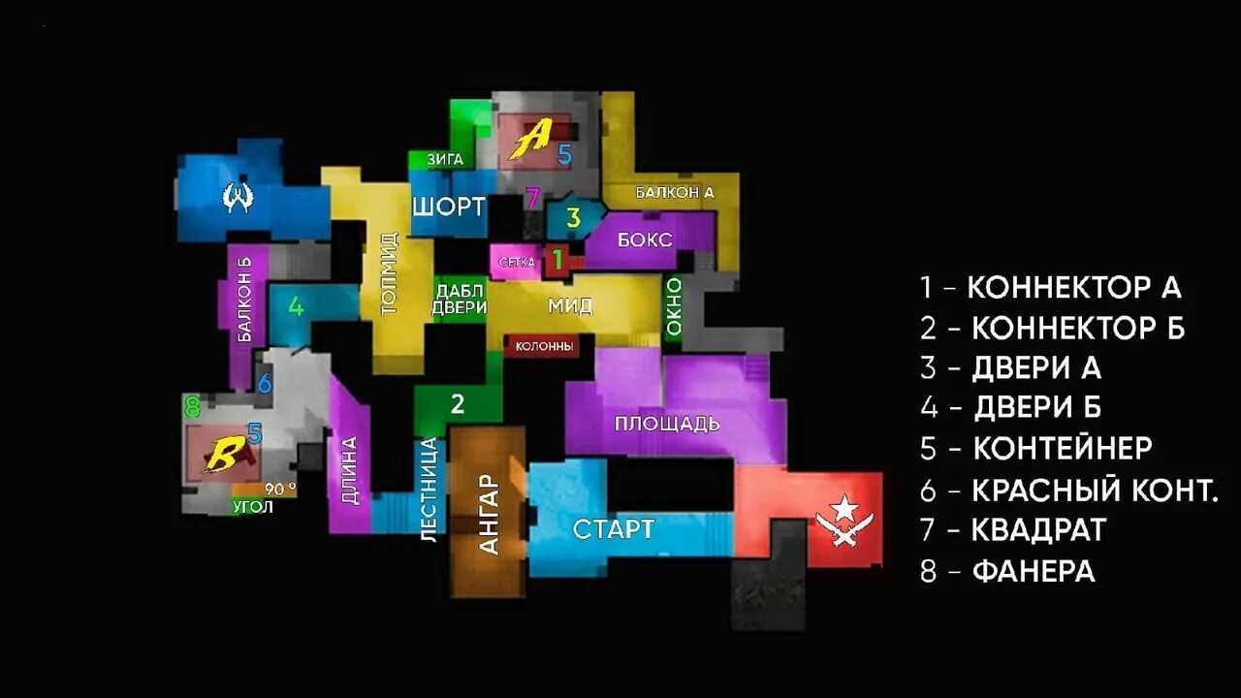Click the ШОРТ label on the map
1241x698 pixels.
(x=448, y=206)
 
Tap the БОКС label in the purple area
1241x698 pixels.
(x=645, y=239)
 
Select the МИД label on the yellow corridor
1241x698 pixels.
(x=570, y=306)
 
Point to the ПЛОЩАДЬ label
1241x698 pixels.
(x=667, y=424)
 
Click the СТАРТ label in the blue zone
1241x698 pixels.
(x=613, y=529)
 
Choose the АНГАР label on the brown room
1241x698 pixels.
(x=490, y=514)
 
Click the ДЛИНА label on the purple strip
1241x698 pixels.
(x=349, y=471)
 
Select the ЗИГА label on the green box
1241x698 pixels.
(x=445, y=159)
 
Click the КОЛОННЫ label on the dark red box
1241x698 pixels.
(x=544, y=346)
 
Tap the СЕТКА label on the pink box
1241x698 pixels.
(x=517, y=262)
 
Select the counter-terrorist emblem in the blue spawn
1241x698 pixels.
(x=238, y=198)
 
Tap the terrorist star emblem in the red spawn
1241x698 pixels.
(x=843, y=520)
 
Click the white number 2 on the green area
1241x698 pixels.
(x=458, y=403)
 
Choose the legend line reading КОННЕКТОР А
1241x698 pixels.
(x=1051, y=287)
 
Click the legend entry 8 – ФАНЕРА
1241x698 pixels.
(x=1007, y=571)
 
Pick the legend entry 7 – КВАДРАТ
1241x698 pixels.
(x=1013, y=530)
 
